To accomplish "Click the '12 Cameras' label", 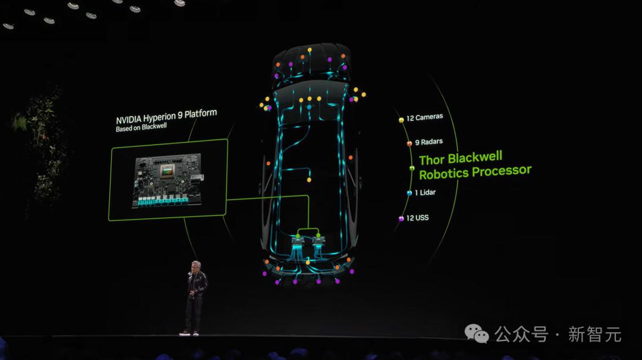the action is coord(424,118).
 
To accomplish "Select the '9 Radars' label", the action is coord(429,142).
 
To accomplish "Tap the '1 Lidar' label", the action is coord(425,192).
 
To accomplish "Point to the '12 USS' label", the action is coord(417,218).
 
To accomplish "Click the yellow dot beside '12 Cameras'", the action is coord(401,120).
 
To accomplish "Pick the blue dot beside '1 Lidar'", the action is coord(409,193).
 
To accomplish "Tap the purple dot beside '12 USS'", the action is coord(401,219).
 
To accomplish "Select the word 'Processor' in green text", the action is coord(502,171).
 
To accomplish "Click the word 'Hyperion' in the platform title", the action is coord(159,117).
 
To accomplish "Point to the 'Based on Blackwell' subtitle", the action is coord(141,127).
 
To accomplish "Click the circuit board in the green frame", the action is coord(168,180).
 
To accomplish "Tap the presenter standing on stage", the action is coord(196,298).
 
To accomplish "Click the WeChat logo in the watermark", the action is coord(477,333).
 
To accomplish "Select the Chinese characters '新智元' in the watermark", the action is coord(595,334).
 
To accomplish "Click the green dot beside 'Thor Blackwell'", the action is coord(412,168).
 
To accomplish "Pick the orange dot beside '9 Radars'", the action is coord(409,144).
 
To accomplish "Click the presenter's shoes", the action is coord(189,333).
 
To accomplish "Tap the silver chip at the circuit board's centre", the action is coord(166,170).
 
